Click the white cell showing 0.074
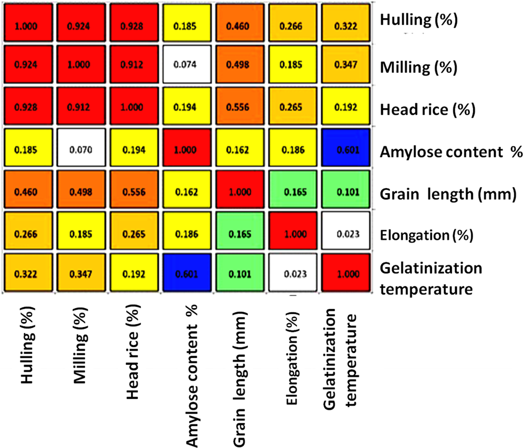coord(185,64)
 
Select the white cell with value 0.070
coord(81,149)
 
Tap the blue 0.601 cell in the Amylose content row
coord(346,149)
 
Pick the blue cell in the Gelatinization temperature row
coord(187,274)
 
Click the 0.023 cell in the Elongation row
coord(346,234)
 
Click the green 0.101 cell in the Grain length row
coord(346,192)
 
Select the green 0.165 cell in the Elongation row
coord(240,234)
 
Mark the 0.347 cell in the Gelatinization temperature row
coord(81,274)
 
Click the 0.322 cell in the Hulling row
coord(346,26)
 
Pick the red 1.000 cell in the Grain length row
coord(240,192)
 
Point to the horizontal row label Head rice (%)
coord(427,109)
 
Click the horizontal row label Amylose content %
coord(451,152)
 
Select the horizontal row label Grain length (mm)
coord(448,194)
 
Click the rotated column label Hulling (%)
coord(27,345)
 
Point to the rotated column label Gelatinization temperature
coord(340,359)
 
